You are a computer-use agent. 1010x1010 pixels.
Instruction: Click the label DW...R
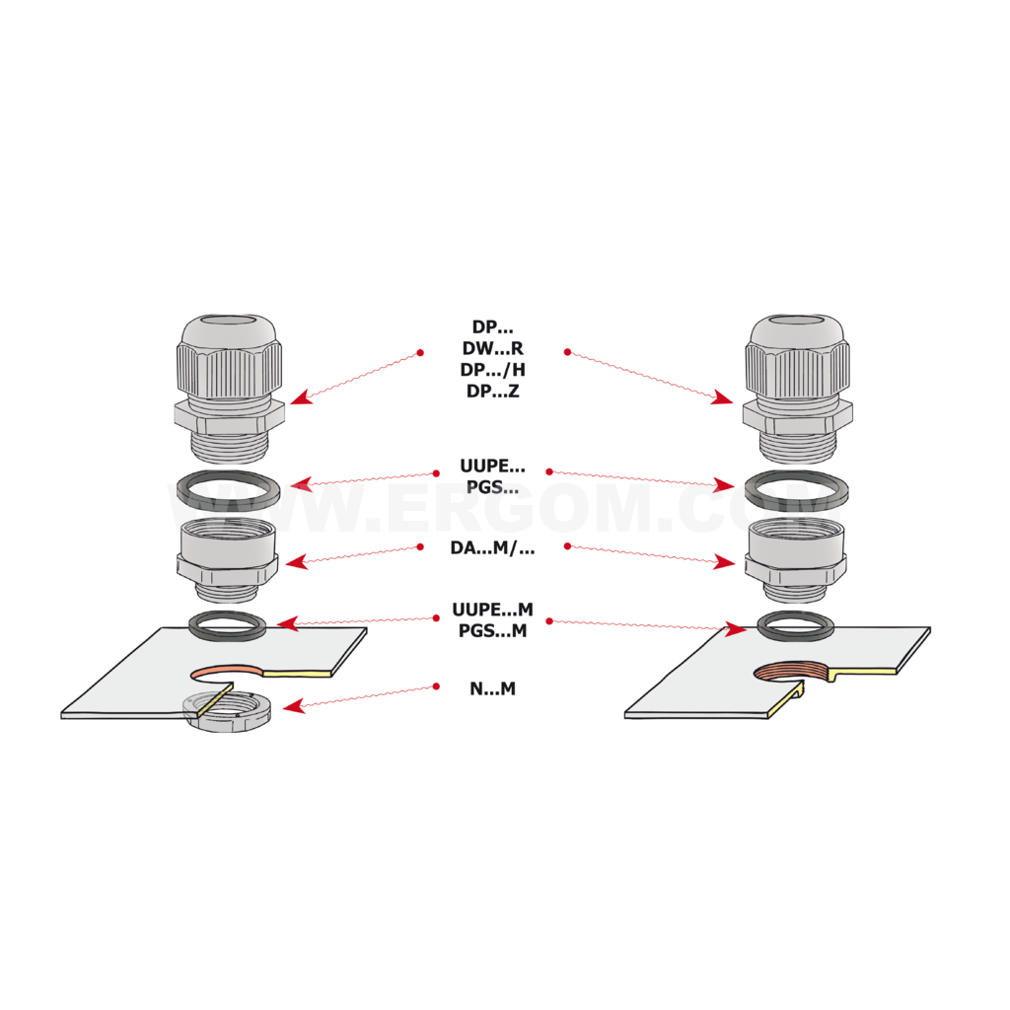tap(492, 348)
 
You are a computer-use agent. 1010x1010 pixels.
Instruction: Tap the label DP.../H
tap(492, 370)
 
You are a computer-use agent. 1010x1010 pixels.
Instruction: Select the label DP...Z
tap(492, 391)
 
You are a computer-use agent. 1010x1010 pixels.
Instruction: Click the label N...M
tap(492, 688)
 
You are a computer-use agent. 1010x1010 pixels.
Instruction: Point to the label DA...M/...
tap(492, 548)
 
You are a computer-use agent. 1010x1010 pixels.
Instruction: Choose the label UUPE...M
tap(492, 610)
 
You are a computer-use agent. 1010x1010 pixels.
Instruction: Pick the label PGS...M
tap(492, 630)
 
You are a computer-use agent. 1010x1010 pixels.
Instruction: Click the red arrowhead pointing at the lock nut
tap(292, 706)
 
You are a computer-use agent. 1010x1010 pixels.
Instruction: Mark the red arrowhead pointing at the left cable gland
tap(301, 397)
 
